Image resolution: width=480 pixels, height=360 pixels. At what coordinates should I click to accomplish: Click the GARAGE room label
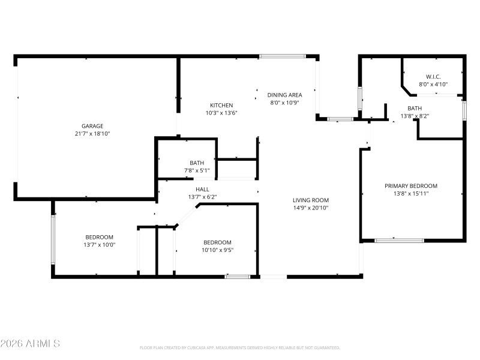click(x=92, y=126)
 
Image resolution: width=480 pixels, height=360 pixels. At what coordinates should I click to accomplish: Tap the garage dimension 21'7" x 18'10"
click(x=92, y=134)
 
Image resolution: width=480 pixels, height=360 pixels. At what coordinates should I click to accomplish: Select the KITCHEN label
click(x=221, y=105)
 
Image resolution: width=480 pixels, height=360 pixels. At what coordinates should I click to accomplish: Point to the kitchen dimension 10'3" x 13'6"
click(x=221, y=113)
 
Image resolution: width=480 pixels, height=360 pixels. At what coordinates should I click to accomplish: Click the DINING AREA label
click(x=284, y=95)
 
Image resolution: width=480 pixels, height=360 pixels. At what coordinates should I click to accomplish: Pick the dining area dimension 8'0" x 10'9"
click(x=284, y=103)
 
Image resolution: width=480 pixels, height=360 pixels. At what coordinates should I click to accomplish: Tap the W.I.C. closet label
click(x=433, y=77)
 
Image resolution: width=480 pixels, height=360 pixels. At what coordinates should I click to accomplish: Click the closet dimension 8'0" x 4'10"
click(x=433, y=85)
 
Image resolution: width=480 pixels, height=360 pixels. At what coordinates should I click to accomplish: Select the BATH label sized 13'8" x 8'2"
click(x=415, y=108)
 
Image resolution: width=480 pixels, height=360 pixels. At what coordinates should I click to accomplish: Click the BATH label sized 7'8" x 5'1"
click(x=197, y=163)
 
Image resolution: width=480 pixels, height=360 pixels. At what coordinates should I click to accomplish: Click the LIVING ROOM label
click(x=310, y=200)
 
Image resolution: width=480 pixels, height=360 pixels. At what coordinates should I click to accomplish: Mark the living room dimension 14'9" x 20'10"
click(x=310, y=208)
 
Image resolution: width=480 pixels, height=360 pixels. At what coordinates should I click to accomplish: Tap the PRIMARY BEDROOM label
click(x=411, y=186)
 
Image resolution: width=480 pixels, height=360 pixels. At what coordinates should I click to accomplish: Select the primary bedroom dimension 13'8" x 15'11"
click(x=411, y=194)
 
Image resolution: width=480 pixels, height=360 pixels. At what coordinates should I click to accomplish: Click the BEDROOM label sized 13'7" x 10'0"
click(x=99, y=237)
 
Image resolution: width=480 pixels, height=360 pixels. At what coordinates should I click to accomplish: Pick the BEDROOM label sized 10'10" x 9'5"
click(x=217, y=242)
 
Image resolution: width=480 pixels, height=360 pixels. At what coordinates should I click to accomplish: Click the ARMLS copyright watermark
click(x=30, y=344)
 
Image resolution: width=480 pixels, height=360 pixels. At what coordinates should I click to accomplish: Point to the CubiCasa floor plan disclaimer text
click(x=239, y=347)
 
